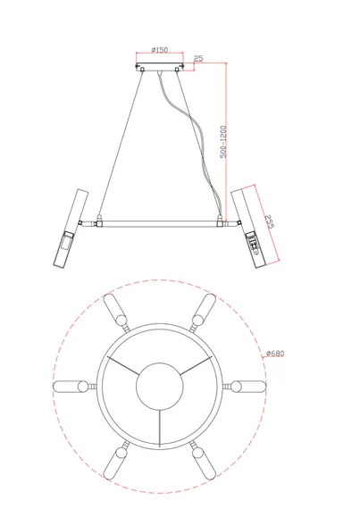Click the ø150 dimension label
160,50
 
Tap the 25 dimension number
198,58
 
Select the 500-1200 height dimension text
223,142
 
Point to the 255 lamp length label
269,221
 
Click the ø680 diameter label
275,353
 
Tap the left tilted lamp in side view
71,228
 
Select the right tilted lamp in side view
248,229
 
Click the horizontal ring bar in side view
160,223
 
